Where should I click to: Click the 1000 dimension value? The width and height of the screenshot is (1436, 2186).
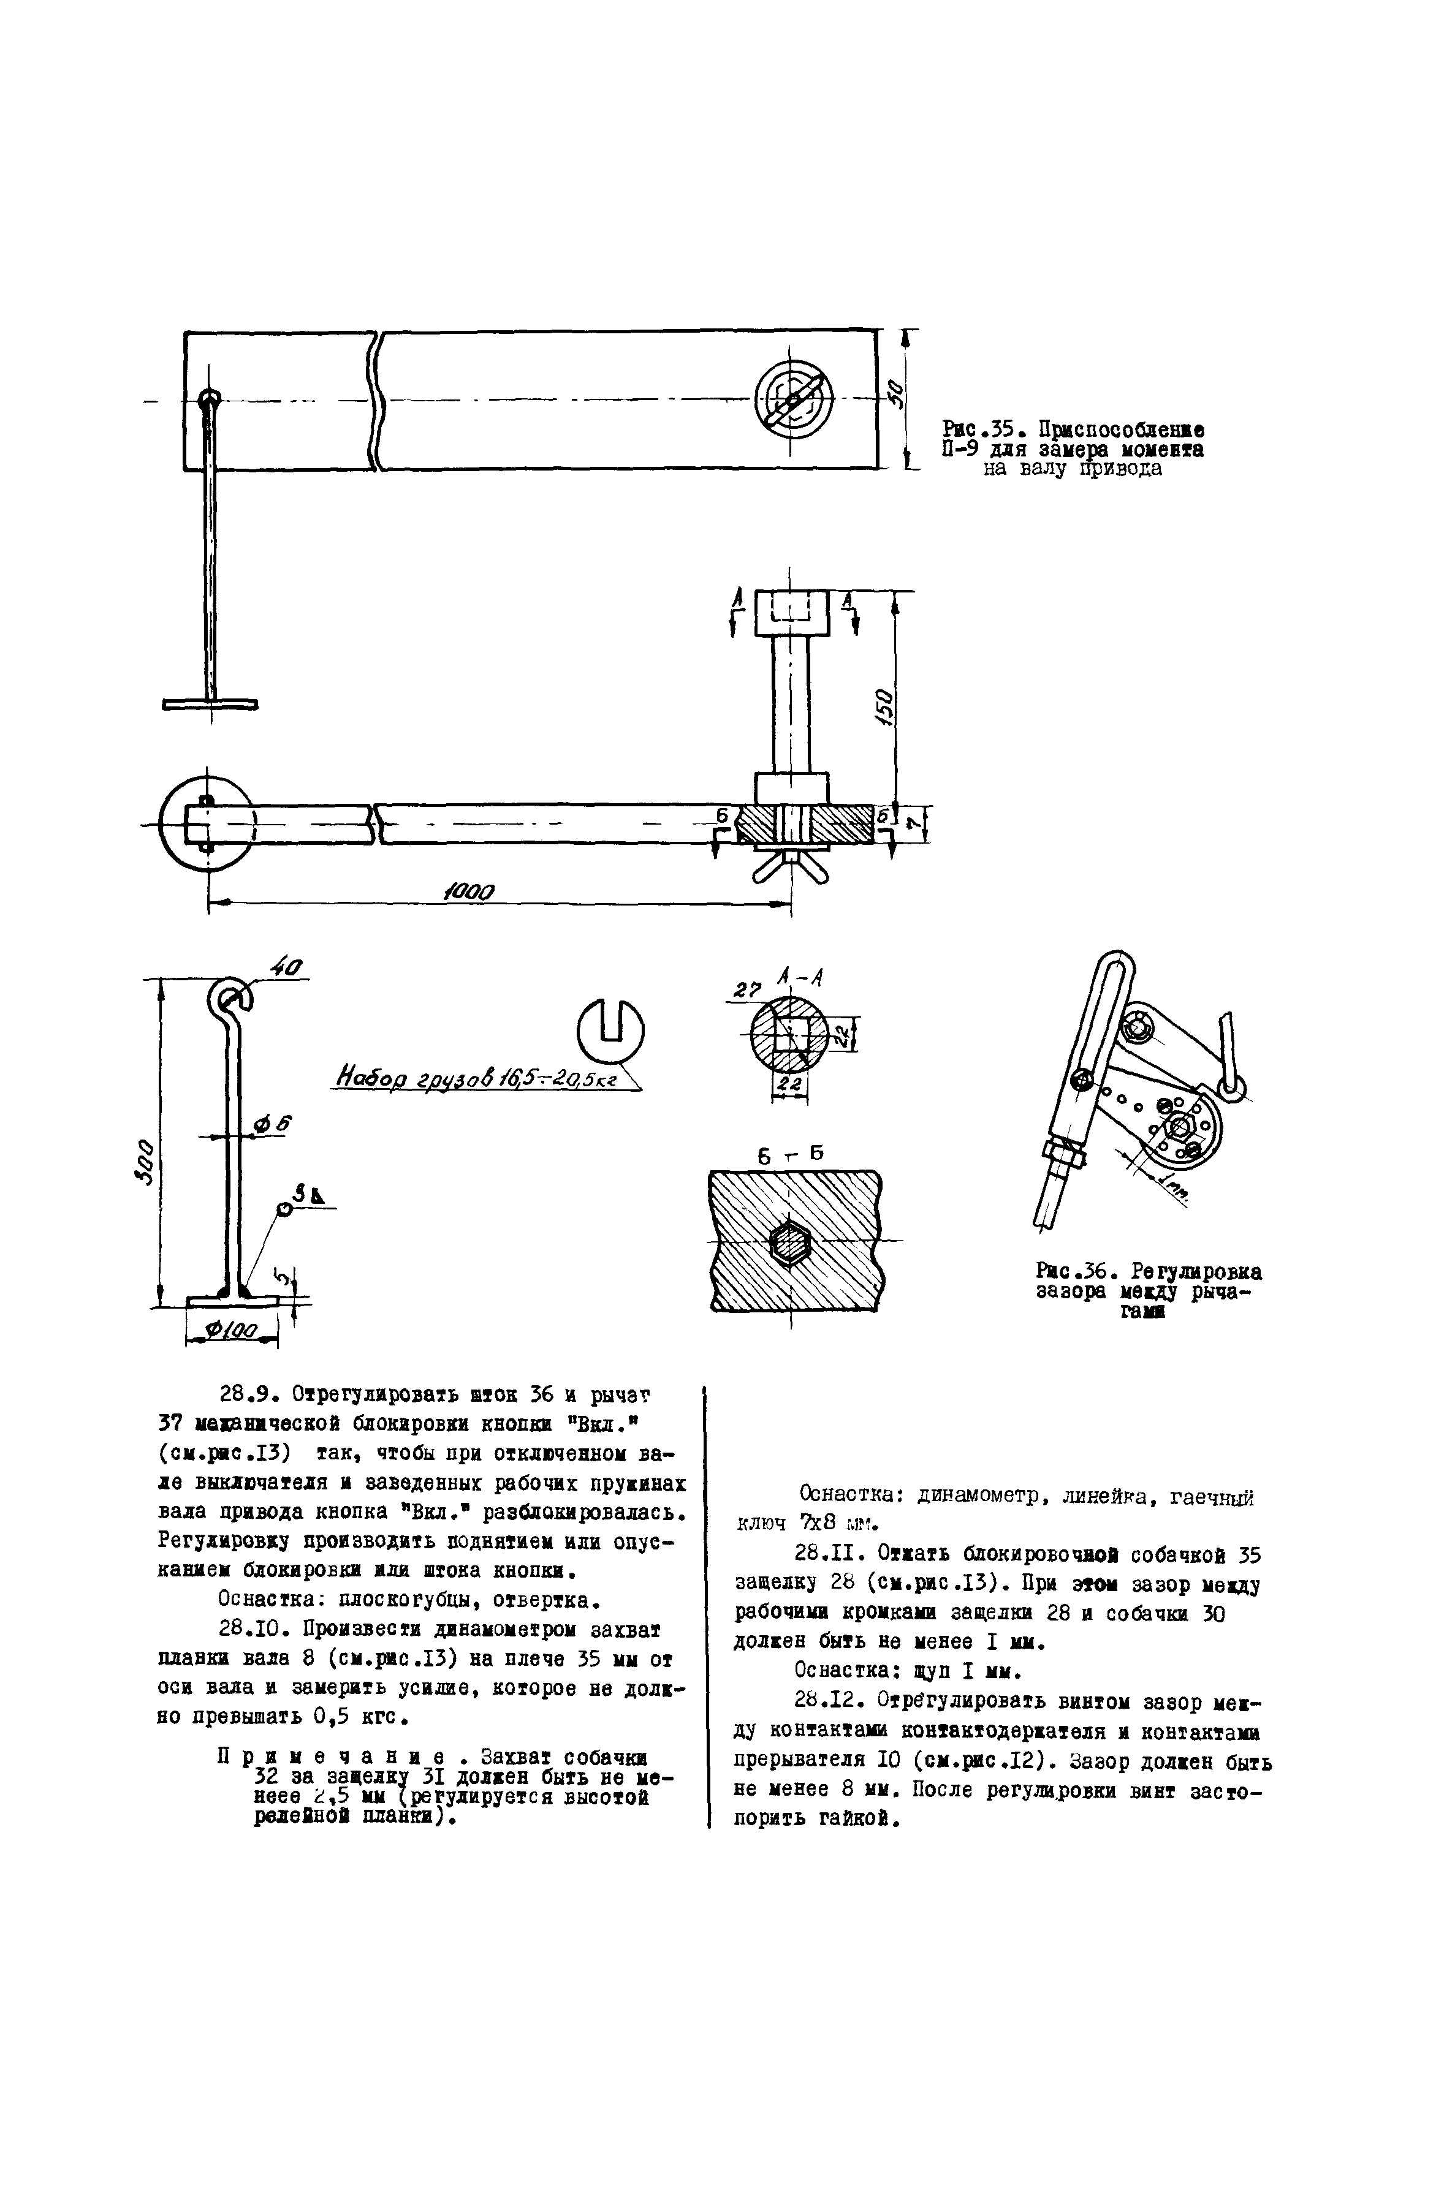[469, 892]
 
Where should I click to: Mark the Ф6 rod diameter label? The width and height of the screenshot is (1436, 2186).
[271, 1124]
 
